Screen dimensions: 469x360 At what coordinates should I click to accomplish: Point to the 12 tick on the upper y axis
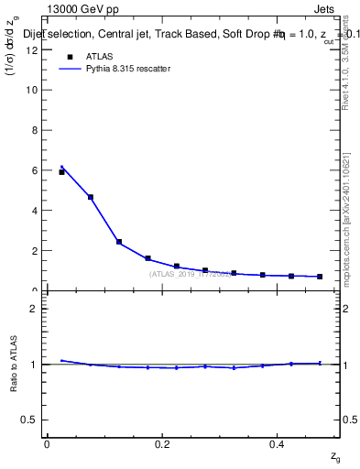pos(34,50)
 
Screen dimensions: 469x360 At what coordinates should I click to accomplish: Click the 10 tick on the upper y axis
pos(34,91)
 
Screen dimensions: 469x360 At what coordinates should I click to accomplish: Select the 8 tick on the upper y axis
pos(36,130)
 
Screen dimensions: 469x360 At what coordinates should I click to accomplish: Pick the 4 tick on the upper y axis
pos(36,211)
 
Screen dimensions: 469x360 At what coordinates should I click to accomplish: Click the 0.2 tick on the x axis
pos(162,443)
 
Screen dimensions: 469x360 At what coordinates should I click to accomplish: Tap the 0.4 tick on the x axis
pos(277,443)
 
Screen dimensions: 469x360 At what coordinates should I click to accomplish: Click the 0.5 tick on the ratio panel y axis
pos(32,420)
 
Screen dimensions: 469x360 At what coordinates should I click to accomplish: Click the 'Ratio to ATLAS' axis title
pos(14,364)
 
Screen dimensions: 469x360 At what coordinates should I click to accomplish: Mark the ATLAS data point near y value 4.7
pos(90,197)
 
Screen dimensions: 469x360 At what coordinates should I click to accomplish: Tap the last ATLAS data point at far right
pos(320,277)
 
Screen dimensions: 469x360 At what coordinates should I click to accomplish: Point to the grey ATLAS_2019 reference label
pos(191,274)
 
